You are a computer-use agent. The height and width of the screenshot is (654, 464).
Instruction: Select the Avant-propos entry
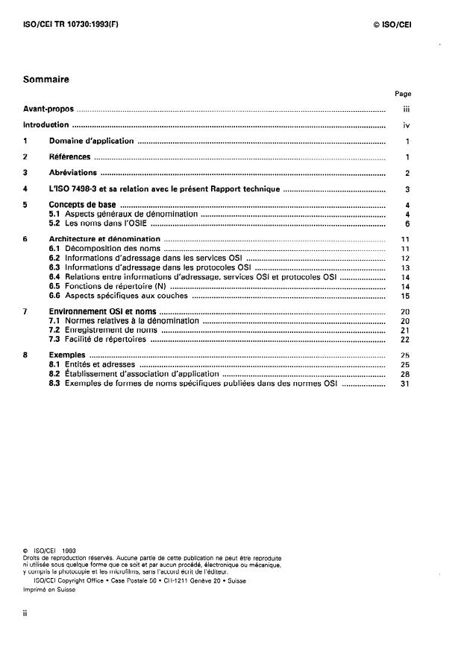tap(48, 109)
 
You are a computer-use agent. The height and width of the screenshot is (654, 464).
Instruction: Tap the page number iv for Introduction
tap(407, 125)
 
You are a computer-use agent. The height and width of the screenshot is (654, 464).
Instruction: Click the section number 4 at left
tap(25, 189)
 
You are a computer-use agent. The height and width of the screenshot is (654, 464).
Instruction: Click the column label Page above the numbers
tap(403, 94)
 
